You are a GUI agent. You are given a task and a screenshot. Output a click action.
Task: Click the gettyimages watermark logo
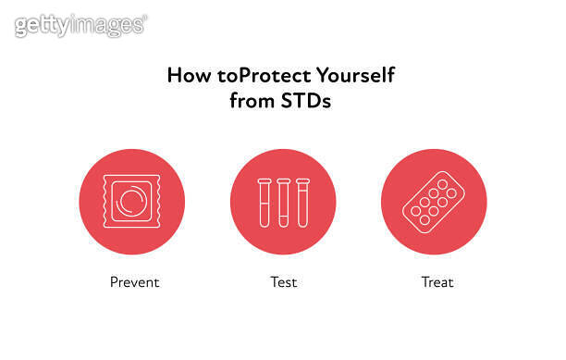[80, 25]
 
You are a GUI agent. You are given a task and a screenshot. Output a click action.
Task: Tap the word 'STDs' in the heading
[306, 101]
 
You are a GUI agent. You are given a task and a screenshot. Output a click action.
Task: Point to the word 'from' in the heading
[251, 101]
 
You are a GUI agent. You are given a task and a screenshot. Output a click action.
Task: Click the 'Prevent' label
[134, 281]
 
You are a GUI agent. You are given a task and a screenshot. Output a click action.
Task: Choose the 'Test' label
[283, 281]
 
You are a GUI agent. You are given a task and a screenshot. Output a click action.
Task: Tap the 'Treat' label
[434, 281]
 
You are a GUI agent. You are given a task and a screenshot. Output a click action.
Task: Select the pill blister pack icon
[434, 202]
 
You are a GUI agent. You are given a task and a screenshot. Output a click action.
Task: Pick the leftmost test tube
[264, 202]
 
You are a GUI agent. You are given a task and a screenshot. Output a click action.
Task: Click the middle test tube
[283, 202]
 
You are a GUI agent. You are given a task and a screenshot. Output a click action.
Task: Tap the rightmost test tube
[302, 202]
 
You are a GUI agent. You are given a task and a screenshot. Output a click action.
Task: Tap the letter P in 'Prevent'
[113, 281]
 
